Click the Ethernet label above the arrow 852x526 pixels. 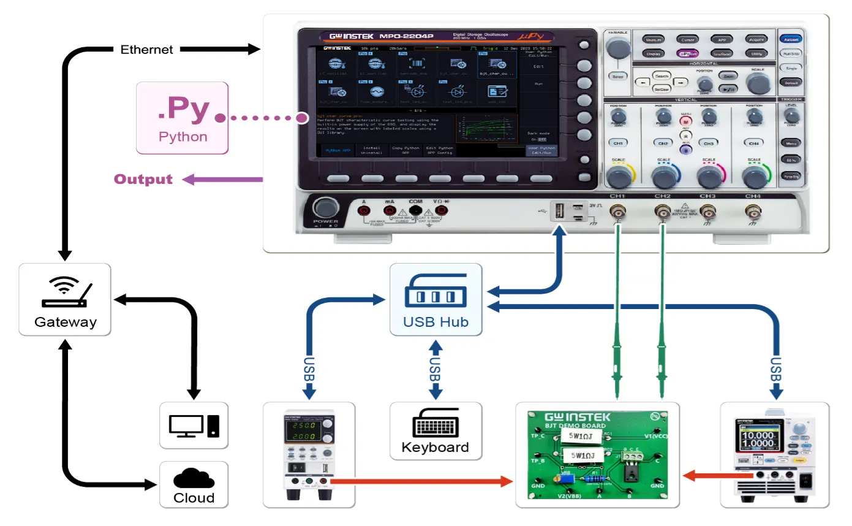[146, 50]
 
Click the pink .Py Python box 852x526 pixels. [183, 118]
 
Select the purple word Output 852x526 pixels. [143, 179]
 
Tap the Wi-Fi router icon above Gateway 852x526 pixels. [65, 292]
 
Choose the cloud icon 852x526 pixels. [194, 478]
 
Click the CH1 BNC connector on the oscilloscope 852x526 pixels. [617, 213]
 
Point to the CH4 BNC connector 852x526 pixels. [752, 212]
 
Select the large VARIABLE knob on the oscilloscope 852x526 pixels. [618, 47]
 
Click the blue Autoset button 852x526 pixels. [790, 39]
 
